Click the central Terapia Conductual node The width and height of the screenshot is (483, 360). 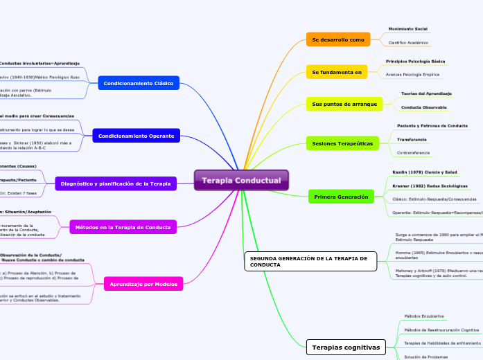tap(241, 181)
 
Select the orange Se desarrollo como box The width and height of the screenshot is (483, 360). tap(337, 39)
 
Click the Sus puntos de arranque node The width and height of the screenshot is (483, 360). tap(344, 104)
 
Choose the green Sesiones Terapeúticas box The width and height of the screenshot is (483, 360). tap(342, 143)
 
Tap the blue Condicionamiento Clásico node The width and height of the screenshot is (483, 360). tap(139, 84)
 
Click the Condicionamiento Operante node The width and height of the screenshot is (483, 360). tap(136, 136)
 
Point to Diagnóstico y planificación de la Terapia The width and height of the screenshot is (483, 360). tap(116, 183)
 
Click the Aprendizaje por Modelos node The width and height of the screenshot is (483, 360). tap(143, 283)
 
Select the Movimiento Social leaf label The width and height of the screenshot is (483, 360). tap(407, 29)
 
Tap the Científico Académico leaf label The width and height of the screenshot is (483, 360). tap(407, 43)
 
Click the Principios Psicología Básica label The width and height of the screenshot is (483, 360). tap(415, 62)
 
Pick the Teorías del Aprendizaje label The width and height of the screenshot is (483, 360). tap(427, 93)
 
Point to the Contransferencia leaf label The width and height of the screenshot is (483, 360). tap(413, 152)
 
